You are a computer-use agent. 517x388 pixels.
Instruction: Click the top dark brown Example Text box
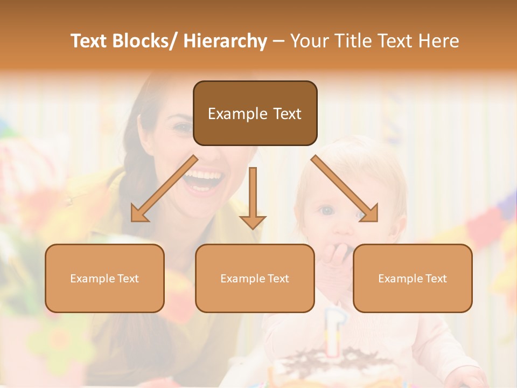(x=255, y=113)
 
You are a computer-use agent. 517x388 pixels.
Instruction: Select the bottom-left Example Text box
(x=104, y=278)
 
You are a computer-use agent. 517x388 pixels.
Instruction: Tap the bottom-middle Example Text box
(x=255, y=278)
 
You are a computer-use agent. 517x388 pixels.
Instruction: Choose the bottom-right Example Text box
(x=413, y=278)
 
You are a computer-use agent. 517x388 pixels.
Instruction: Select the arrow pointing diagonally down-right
(x=345, y=189)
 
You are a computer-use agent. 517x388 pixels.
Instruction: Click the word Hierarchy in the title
(x=225, y=41)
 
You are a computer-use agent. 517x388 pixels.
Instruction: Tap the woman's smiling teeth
(x=203, y=176)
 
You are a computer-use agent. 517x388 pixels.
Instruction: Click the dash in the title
(x=278, y=41)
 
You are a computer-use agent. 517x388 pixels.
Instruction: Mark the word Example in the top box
(x=230, y=114)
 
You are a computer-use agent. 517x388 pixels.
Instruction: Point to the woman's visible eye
(x=183, y=128)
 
